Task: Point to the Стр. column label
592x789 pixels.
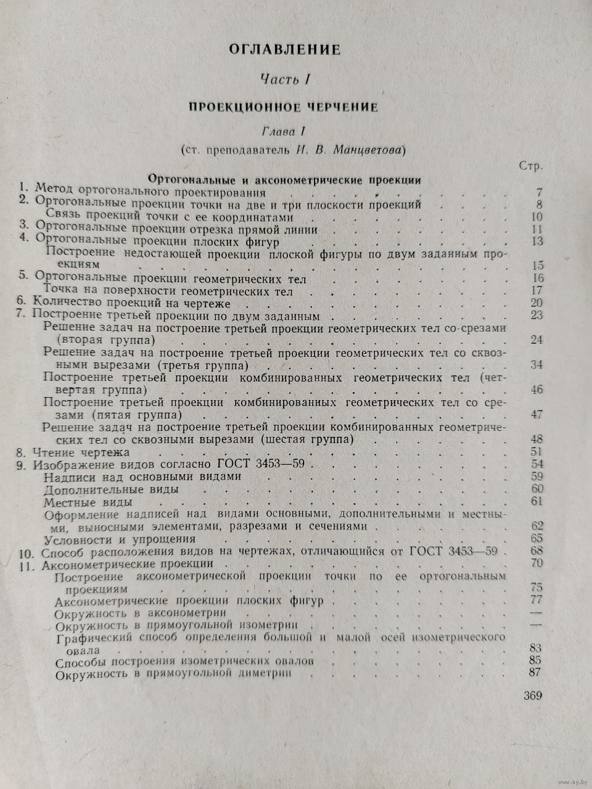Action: [x=530, y=166]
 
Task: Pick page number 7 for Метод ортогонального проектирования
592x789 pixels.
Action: [x=538, y=192]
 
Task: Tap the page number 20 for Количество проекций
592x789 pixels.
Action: [x=535, y=303]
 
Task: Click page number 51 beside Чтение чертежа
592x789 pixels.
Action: [x=535, y=452]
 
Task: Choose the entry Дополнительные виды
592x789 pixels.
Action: [x=112, y=489]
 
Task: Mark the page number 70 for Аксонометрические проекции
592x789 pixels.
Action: [x=535, y=563]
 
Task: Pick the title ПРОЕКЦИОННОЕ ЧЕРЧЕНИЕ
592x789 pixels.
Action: [x=283, y=107]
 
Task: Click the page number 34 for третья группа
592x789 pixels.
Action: [x=535, y=365]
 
